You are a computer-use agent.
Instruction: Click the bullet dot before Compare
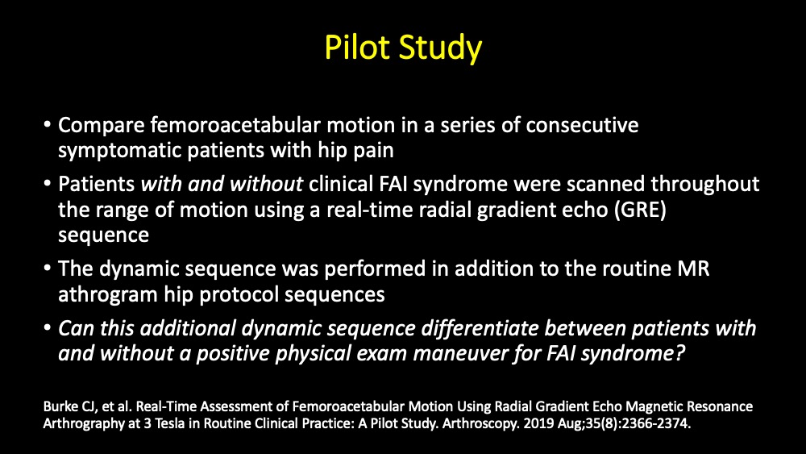(x=48, y=127)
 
